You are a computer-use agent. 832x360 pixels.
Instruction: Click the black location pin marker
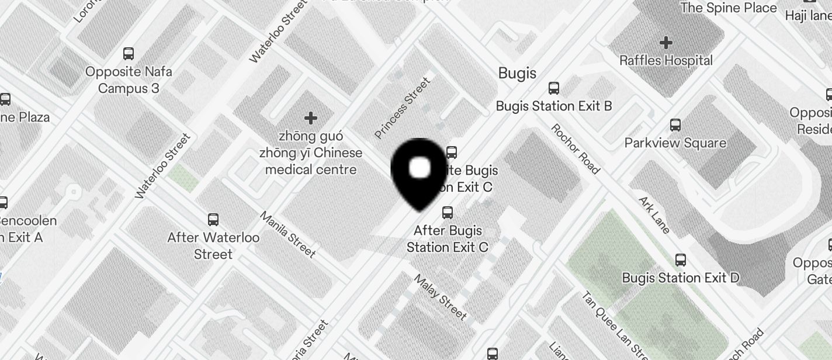tap(420, 172)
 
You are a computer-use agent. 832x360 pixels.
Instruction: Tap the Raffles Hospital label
tap(665, 61)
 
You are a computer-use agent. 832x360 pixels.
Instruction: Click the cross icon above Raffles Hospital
tap(665, 43)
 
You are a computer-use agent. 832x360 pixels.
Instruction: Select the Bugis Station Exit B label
tap(553, 106)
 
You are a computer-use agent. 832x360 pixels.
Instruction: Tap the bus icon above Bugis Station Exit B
tap(553, 89)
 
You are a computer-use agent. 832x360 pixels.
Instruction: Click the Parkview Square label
tap(675, 143)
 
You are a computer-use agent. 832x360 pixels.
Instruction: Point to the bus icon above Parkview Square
tap(675, 125)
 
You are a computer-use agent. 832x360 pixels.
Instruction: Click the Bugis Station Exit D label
tap(680, 278)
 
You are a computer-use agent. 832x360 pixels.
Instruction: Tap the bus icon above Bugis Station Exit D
tap(680, 260)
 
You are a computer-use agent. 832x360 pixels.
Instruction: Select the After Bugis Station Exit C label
tap(448, 238)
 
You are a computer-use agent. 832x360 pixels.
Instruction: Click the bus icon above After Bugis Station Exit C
tap(448, 213)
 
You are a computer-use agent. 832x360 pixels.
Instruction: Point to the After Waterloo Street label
tap(213, 246)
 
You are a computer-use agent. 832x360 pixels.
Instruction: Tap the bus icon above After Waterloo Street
tap(213, 220)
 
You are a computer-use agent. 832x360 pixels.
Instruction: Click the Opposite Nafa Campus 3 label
tap(129, 80)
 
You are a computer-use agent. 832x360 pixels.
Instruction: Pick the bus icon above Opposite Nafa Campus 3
tap(129, 54)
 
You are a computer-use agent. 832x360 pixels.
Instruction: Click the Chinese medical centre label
tap(311, 153)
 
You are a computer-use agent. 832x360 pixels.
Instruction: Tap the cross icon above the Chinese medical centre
tap(311, 119)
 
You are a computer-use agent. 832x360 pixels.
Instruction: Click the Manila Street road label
tap(287, 235)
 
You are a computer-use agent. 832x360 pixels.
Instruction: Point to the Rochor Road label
tap(575, 148)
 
